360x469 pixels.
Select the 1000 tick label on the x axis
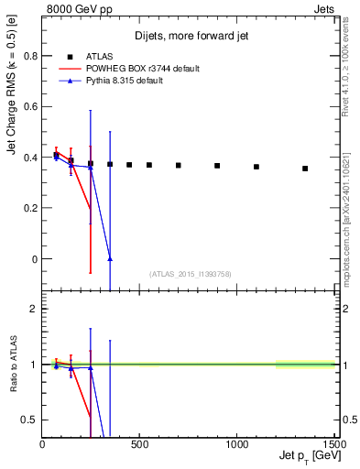236,446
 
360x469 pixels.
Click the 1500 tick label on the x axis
333,446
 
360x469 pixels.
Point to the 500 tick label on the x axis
139,446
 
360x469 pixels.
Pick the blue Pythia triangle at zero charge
110,258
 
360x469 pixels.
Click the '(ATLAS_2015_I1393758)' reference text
189,273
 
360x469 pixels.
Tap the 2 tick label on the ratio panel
33,309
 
